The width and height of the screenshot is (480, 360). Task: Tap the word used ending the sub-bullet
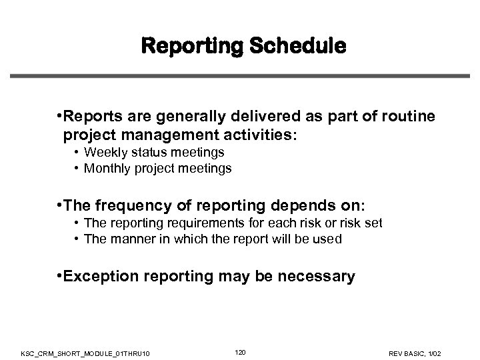click(329, 239)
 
